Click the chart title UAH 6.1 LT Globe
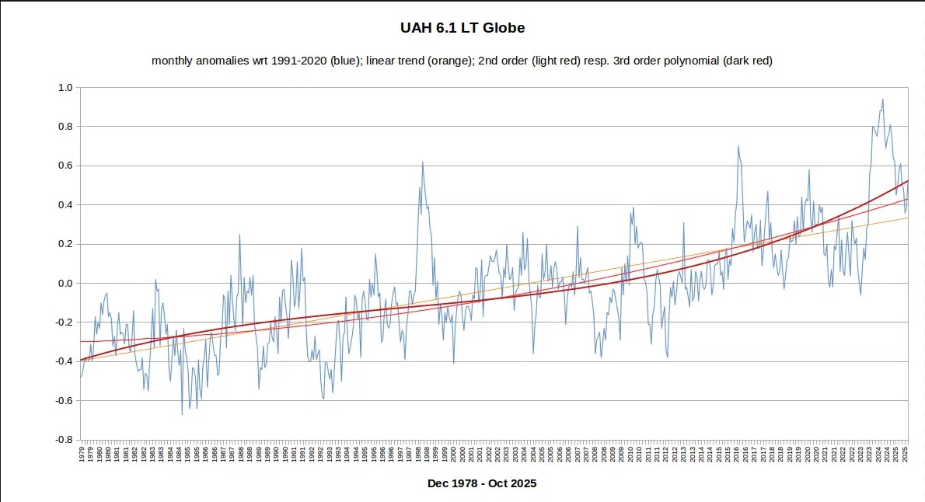[462, 28]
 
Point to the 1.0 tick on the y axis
[65, 88]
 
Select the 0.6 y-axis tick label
[65, 166]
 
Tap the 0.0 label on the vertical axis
[65, 283]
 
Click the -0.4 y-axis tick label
[63, 361]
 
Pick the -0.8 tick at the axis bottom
[63, 440]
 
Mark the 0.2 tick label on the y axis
[65, 244]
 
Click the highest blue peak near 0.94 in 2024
[882, 99]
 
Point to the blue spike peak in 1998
[422, 162]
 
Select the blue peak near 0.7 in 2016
[738, 147]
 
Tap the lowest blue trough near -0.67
[182, 413]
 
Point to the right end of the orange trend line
[907, 218]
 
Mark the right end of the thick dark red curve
[907, 181]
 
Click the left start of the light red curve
[81, 341]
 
